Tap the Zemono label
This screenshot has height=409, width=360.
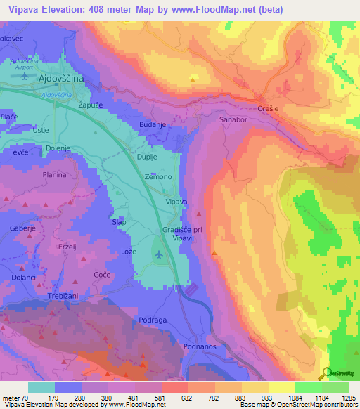click(157, 178)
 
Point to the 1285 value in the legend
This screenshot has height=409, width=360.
click(348, 398)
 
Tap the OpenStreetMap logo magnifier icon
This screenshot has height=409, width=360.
click(326, 374)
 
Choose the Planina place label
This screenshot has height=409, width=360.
click(54, 174)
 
